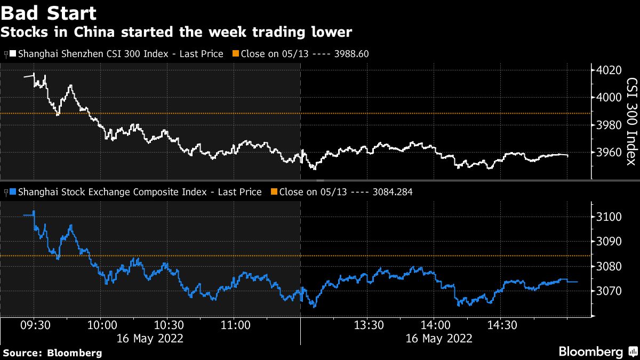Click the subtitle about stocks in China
pos(176,32)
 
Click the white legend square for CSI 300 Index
pos(13,54)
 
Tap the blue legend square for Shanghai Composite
pos(13,192)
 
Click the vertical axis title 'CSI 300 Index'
pos(631,122)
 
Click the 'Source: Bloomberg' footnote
pos(52,353)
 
